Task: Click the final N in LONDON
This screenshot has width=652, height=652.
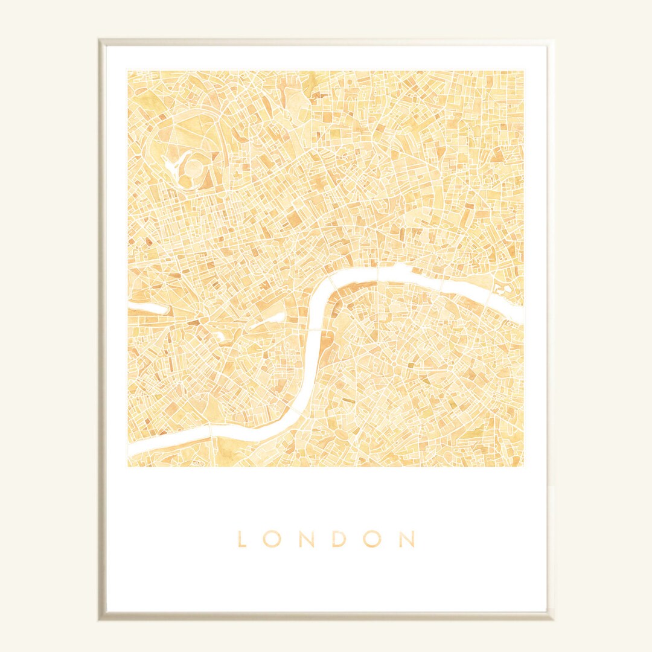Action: point(407,539)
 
